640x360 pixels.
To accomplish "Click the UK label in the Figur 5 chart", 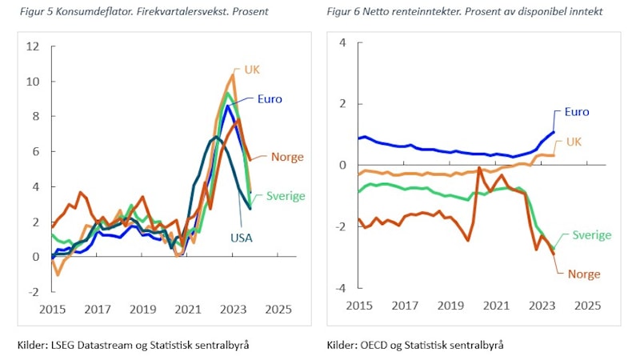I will coord(252,70).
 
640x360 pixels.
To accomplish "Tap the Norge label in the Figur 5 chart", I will coord(286,157).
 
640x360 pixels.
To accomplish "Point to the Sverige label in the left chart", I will coord(286,195).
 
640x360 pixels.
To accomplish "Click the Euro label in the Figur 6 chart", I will coord(578,113).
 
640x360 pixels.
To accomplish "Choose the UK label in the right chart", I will coord(574,141).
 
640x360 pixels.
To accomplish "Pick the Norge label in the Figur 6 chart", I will coord(584,274).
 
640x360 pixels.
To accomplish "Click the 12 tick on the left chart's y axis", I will coord(33,46).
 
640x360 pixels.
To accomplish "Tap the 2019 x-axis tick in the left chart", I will coord(142,309).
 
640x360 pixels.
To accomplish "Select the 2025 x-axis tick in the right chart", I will coord(588,305).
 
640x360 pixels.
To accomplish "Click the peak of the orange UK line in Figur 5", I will coord(232,75).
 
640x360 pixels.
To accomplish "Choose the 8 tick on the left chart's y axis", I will coord(35,117).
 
